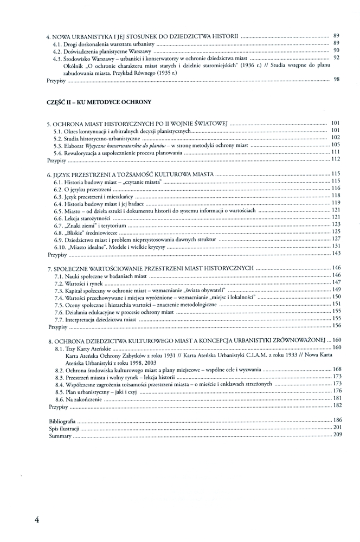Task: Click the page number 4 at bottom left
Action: pyautogui.click(x=37, y=519)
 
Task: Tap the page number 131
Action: pyautogui.click(x=336, y=246)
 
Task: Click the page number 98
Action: pyautogui.click(x=337, y=80)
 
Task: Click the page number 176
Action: pyautogui.click(x=336, y=391)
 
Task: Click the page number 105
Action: pyautogui.click(x=336, y=145)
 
